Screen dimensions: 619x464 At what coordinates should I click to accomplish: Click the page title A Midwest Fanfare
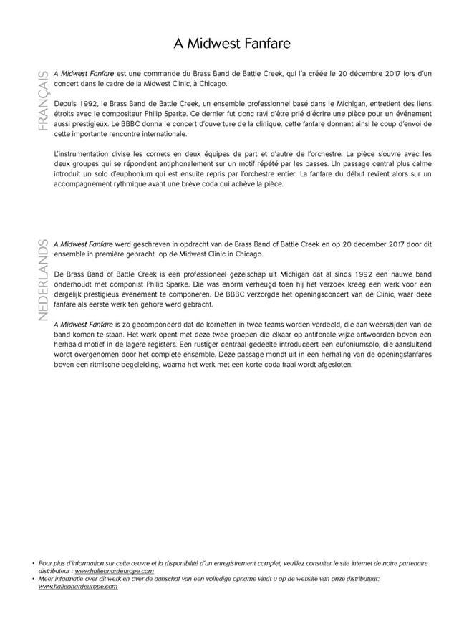[231, 44]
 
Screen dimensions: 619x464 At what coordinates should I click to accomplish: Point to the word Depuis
[66, 105]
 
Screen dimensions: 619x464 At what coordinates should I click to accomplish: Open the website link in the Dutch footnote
[78, 587]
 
